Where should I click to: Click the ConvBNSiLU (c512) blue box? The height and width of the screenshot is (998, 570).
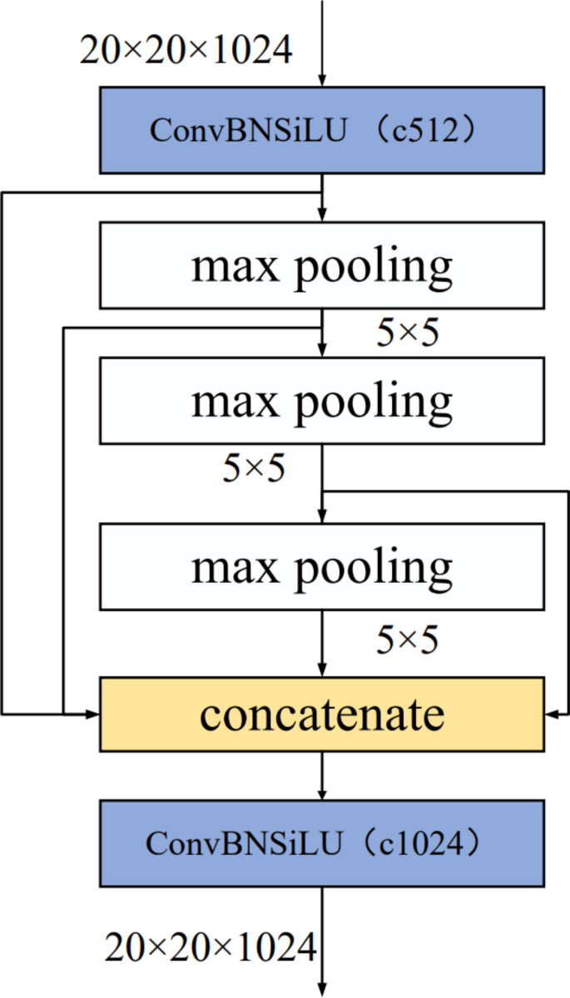pos(321,130)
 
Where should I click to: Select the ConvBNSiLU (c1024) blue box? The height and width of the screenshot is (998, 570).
pos(321,843)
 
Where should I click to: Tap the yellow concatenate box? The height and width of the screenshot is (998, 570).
pos(321,714)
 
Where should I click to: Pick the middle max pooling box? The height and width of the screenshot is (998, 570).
pos(321,401)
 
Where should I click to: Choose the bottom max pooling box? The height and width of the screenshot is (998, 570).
pos(321,567)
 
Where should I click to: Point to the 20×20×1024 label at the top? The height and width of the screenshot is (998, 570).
pos(186,51)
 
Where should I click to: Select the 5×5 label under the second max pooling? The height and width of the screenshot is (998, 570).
pos(254,469)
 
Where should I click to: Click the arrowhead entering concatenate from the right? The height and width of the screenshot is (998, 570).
pos(552,714)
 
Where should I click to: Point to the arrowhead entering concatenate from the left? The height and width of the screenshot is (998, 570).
pos(92,714)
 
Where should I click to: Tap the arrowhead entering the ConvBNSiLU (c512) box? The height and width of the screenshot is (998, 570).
pos(321,80)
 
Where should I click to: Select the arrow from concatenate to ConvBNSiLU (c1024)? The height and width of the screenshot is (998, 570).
pos(321,775)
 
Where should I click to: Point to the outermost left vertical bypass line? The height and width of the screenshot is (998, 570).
pos(2,449)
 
